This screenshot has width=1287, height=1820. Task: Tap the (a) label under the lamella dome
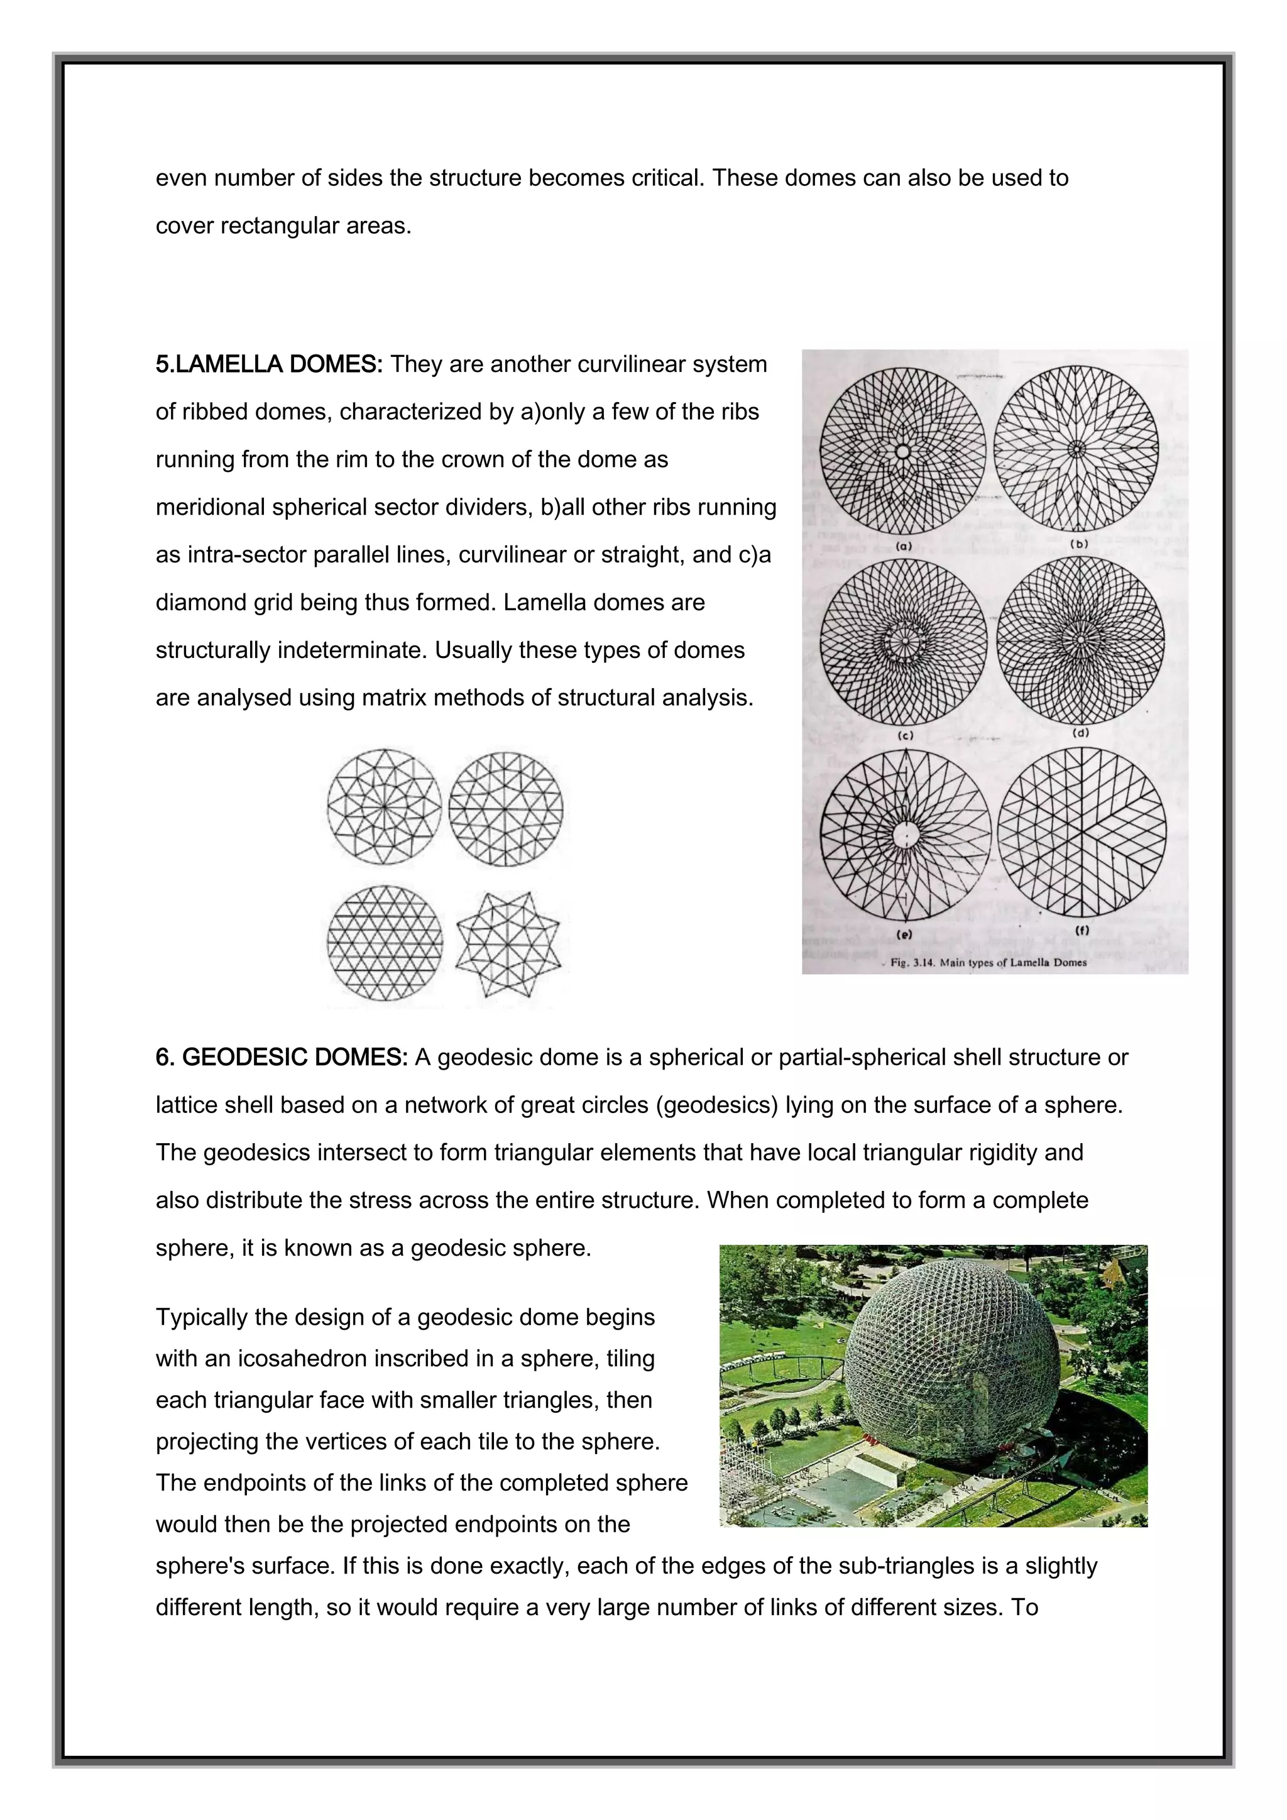[x=904, y=546]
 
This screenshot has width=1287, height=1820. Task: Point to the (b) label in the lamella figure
[x=1080, y=545]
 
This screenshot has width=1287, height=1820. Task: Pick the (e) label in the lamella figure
[x=904, y=935]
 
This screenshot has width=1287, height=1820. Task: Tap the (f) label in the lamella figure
[x=1082, y=931]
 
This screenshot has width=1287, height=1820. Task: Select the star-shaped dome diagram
[x=508, y=943]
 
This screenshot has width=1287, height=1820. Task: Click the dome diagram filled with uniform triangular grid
[x=385, y=943]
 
